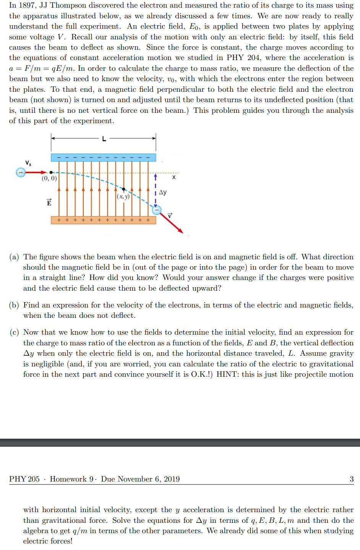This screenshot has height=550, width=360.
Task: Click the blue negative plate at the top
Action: coord(103,158)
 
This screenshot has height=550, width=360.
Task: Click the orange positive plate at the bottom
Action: coord(103,220)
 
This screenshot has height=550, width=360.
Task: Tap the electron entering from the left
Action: coord(21,172)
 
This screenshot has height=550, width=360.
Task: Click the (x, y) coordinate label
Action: coord(123,197)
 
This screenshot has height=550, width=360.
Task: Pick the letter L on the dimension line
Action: coord(104,139)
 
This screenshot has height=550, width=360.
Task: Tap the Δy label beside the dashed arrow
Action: coord(163,192)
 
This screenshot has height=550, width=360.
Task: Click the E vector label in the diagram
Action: coord(49,202)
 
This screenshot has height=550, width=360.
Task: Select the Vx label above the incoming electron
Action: coord(28,163)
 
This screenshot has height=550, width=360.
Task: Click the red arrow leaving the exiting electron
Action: coord(172,223)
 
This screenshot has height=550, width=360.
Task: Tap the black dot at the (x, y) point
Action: coord(123,189)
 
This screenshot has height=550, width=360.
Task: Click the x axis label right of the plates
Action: coord(174,177)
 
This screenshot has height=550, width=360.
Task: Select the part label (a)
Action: coord(14,257)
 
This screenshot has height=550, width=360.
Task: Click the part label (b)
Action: coord(14,305)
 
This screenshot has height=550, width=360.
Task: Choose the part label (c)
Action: coord(14,332)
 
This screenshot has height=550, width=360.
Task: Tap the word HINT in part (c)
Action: coord(227,374)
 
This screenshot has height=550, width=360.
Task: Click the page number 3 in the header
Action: coord(352,479)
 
